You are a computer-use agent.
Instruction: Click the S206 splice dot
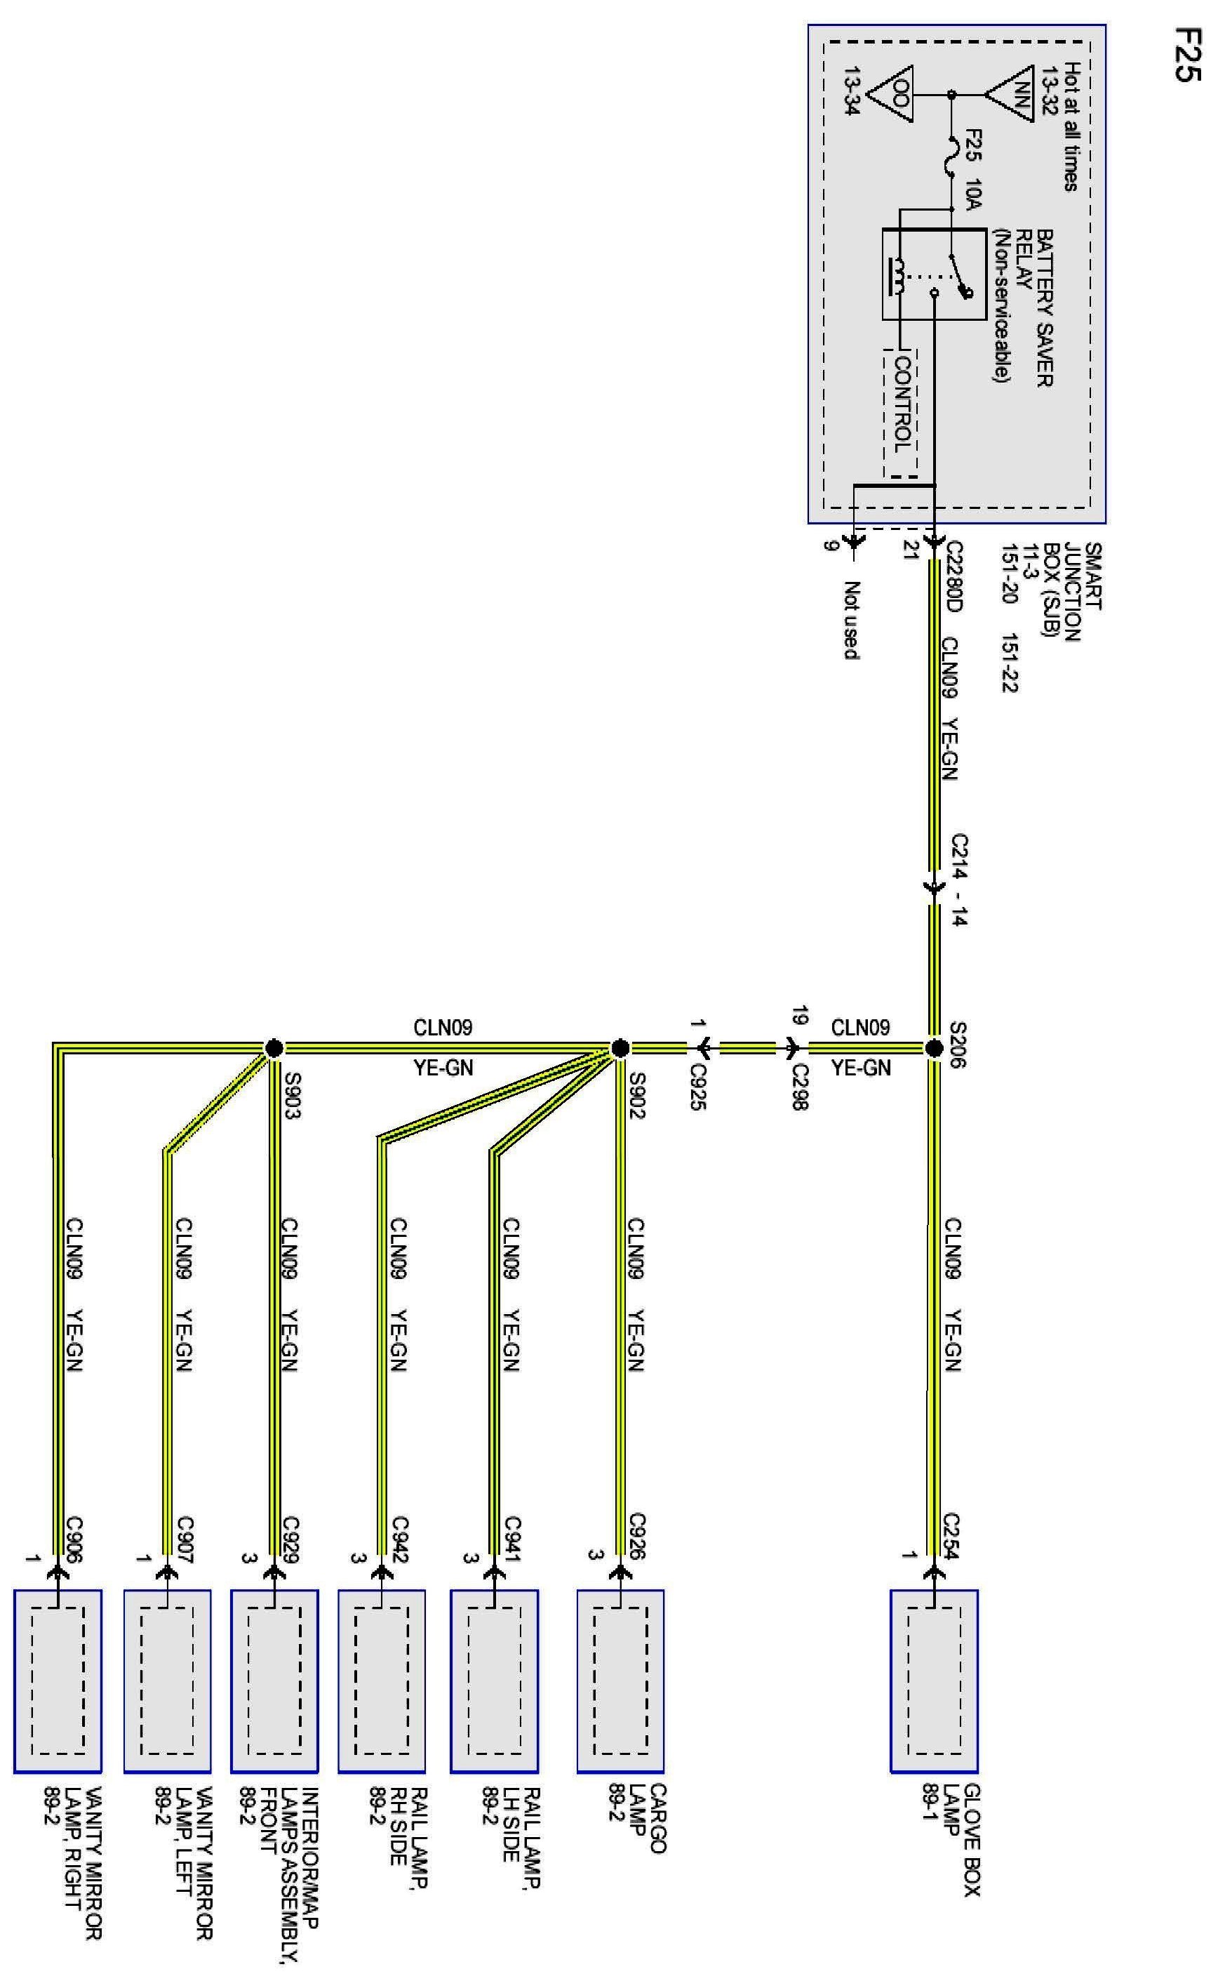click(x=934, y=1049)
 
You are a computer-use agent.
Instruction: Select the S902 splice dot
click(x=620, y=1049)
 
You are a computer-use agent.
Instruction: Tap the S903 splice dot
click(x=274, y=1049)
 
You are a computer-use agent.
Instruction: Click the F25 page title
click(x=1187, y=54)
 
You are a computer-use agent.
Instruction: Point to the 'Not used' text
click(x=851, y=620)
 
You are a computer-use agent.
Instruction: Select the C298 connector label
click(x=798, y=1086)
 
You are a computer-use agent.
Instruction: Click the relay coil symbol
click(x=897, y=277)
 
